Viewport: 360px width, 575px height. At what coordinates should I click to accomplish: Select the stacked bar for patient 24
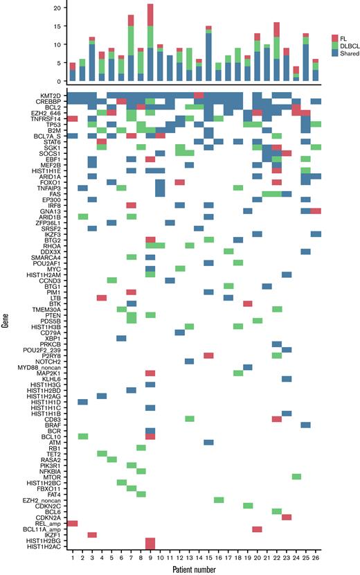click(x=296, y=73)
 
